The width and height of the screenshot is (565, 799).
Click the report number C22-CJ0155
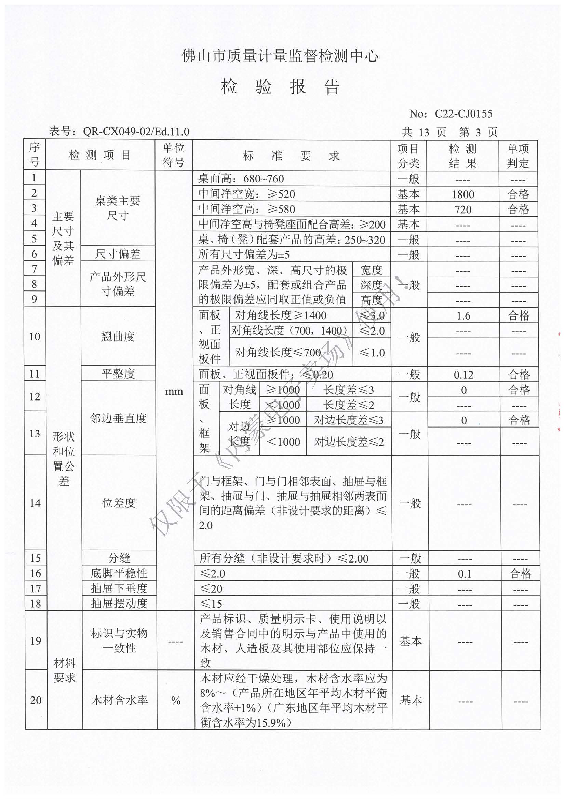pos(463,113)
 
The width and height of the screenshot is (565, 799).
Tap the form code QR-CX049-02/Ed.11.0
pos(136,132)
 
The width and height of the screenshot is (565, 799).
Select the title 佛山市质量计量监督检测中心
pos(280,56)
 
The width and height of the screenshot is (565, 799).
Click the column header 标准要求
pos(291,156)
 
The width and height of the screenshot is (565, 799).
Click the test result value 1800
pos(463,194)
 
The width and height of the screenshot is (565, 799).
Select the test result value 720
pos(463,209)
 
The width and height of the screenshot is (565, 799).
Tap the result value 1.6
pos(463,316)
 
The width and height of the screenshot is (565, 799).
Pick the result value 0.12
pos(463,375)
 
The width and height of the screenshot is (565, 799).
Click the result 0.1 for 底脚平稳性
pos(465,574)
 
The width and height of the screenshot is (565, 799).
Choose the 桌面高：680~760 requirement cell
pos(241,179)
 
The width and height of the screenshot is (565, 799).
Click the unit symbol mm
pos(174,392)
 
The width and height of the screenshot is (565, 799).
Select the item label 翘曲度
pos(118,337)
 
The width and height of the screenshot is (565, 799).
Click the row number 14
pos(35,503)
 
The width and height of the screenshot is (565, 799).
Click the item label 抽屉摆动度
pos(119,604)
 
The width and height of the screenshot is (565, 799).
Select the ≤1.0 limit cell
pos(372,353)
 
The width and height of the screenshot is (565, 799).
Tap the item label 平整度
pos(118,374)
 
